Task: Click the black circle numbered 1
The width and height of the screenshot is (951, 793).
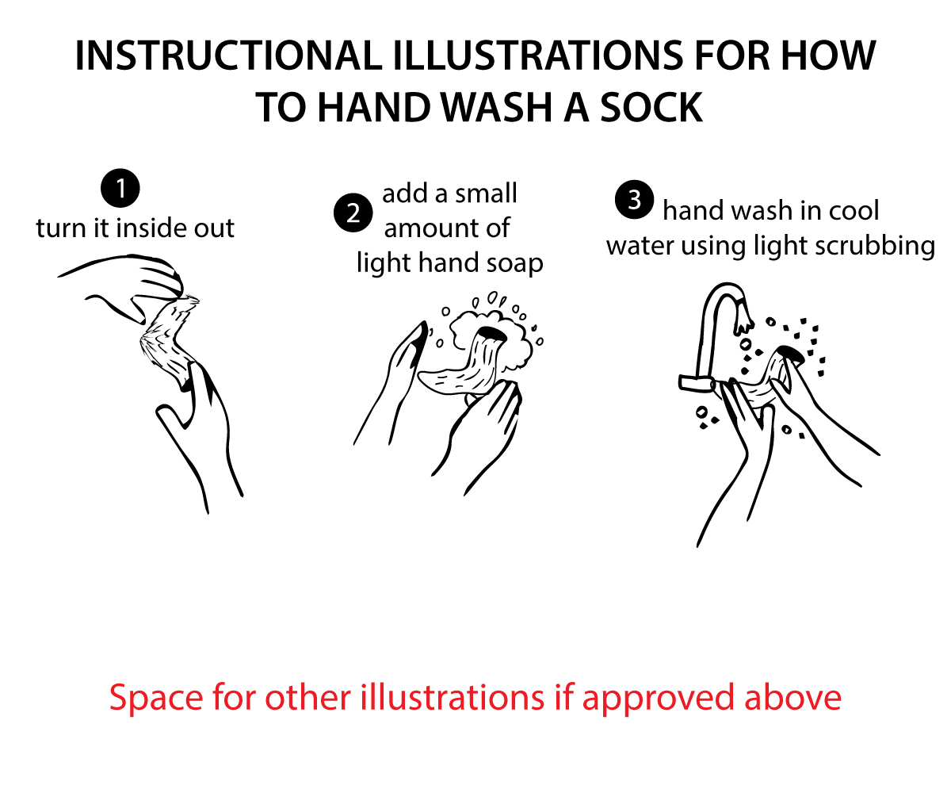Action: [x=120, y=188]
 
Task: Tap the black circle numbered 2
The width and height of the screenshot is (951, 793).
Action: [x=353, y=213]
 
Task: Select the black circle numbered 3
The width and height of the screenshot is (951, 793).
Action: [x=634, y=200]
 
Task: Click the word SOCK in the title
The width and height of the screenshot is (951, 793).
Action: [x=651, y=108]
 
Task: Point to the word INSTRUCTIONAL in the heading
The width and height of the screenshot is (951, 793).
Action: [x=228, y=56]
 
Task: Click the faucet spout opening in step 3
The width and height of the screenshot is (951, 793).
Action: [x=743, y=326]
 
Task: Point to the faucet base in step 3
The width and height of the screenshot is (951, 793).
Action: [x=697, y=383]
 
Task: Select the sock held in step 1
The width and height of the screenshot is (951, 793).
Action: [x=170, y=343]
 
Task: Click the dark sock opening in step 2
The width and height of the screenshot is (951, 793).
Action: [x=492, y=334]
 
